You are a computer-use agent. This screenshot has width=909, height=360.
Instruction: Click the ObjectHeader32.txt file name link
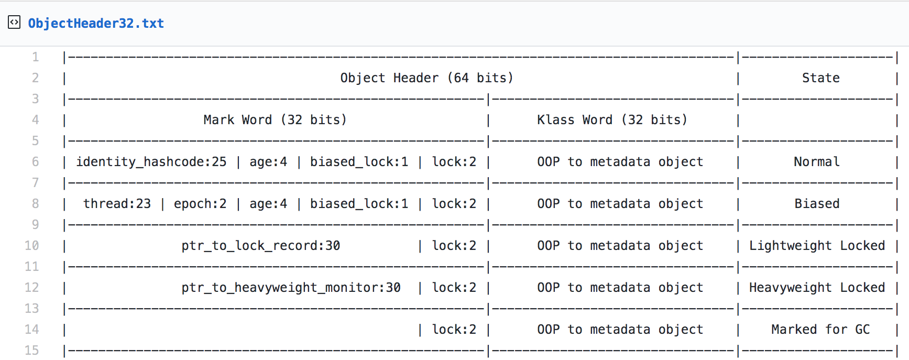(x=96, y=24)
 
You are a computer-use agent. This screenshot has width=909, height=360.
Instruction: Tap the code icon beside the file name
(x=14, y=23)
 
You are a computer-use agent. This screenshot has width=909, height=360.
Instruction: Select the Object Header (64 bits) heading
(x=427, y=78)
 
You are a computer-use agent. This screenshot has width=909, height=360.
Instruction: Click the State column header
(x=821, y=78)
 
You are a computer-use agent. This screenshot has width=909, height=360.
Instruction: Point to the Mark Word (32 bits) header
(x=275, y=120)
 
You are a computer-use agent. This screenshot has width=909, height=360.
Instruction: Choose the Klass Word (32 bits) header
(x=612, y=120)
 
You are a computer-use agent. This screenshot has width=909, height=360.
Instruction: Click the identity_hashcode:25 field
(x=151, y=162)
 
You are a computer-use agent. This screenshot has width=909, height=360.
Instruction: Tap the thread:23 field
(x=117, y=204)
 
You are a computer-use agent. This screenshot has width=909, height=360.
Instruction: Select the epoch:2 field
(x=200, y=204)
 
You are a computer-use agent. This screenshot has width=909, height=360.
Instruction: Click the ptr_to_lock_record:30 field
(x=261, y=246)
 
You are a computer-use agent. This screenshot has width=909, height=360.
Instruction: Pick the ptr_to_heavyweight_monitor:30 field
(x=291, y=288)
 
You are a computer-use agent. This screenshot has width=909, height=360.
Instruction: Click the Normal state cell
(x=817, y=162)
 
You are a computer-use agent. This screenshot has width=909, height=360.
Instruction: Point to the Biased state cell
(x=817, y=204)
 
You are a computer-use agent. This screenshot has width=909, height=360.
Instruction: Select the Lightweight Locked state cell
(x=817, y=246)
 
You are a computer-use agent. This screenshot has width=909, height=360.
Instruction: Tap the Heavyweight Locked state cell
(x=817, y=288)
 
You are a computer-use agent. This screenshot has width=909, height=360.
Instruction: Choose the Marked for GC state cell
(x=820, y=330)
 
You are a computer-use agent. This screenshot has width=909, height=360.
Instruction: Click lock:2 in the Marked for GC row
(x=454, y=330)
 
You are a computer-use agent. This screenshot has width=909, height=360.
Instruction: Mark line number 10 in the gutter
(x=31, y=246)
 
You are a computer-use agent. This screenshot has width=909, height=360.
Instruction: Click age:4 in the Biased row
(x=268, y=204)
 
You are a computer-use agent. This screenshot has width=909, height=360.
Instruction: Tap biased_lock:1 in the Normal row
(x=359, y=162)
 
